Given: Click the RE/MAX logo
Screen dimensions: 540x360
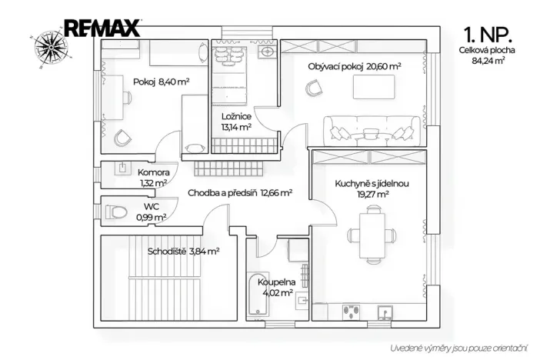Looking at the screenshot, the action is tap(102, 28).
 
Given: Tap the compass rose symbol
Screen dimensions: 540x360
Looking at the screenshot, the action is tap(51, 48).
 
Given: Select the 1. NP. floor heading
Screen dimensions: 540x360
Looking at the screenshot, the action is tap(488, 35).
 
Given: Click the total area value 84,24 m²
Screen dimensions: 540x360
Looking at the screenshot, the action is tap(488, 61).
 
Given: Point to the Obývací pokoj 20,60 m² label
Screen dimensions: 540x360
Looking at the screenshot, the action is tap(355, 66).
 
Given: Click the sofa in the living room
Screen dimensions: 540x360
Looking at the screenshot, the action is tap(372, 131).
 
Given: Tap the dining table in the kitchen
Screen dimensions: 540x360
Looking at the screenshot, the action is tap(372, 235).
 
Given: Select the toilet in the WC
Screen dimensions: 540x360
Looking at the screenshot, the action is tap(115, 212).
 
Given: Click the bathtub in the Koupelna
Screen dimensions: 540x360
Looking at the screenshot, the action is tap(258, 294).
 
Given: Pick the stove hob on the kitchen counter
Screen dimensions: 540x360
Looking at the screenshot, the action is tap(352, 312).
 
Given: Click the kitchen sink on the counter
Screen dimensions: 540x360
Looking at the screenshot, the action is tap(385, 312).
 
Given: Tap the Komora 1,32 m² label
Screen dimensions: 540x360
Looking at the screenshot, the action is tap(153, 178).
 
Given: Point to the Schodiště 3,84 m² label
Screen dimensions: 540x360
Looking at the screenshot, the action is tap(184, 252).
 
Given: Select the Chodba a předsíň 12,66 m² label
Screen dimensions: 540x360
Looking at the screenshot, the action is tap(240, 192).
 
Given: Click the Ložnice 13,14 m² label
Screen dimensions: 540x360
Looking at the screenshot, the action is tap(236, 122).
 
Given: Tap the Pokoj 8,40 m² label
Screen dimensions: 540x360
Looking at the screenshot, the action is tap(162, 82).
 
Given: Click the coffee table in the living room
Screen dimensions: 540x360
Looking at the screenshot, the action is tap(374, 87).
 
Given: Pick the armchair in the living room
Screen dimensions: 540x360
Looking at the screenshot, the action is tap(314, 88).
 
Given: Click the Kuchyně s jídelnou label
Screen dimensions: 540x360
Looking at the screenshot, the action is tap(372, 183).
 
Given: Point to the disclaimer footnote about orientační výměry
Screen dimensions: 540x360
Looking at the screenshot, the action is tap(458, 348).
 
